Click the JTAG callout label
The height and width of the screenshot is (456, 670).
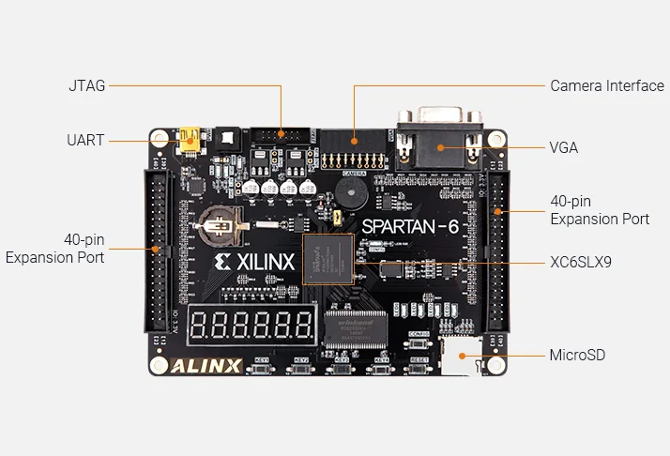click(86, 85)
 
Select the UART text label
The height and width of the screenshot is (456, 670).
click(85, 141)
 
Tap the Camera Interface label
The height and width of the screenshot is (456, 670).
click(606, 85)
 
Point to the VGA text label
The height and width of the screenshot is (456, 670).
click(563, 147)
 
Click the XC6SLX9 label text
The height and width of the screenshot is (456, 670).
click(581, 262)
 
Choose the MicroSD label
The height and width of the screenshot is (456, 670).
click(577, 355)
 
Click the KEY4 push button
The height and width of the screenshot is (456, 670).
click(381, 369)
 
